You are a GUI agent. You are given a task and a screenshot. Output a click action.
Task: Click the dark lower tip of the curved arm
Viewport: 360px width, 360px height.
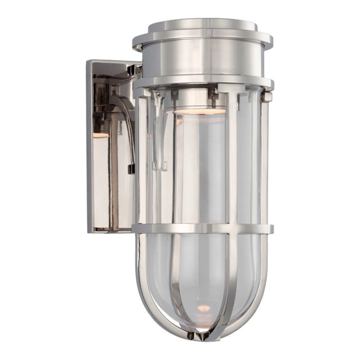click(131, 169)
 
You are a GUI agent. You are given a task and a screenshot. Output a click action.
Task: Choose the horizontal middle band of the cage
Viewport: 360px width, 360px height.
click(202, 229)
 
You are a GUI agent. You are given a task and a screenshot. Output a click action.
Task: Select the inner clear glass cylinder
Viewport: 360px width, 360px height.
click(200, 169)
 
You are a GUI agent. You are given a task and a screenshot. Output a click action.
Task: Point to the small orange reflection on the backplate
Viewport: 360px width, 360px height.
click(100, 135)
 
